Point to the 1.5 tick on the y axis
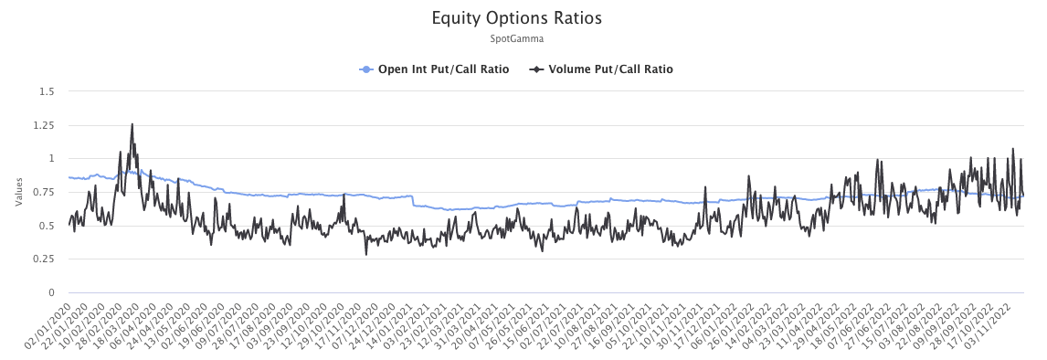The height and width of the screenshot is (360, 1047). click(x=47, y=91)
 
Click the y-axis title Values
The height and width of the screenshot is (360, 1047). click(x=18, y=192)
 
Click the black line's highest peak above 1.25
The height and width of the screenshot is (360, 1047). click(x=132, y=124)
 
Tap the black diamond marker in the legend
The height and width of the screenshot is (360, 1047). click(x=536, y=69)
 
